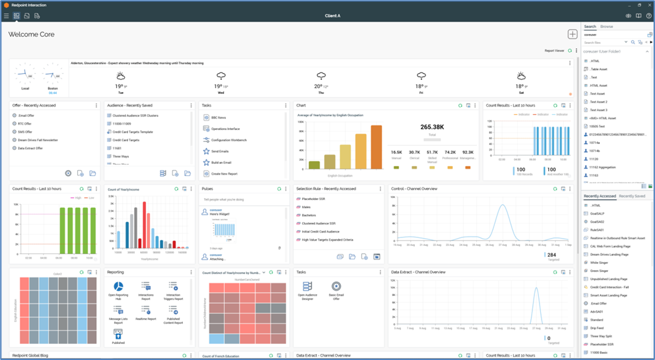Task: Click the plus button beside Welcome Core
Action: coord(572,34)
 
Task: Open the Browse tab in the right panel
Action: coord(606,27)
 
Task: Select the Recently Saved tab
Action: coord(632,196)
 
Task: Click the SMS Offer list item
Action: coord(25,132)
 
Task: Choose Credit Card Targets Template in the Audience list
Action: coord(131,132)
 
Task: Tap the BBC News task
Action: coord(218,117)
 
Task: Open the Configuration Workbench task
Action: coord(229,140)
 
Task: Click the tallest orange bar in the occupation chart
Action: coord(376,147)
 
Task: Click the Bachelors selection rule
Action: coord(309,215)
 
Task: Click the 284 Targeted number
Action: coord(551,255)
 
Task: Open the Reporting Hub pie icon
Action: coord(118,287)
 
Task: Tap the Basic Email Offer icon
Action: coord(336,287)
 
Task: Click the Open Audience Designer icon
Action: coord(307,287)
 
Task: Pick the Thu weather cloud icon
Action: coord(321,76)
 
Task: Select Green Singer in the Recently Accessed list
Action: coord(600,271)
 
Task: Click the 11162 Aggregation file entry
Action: coord(603,167)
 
